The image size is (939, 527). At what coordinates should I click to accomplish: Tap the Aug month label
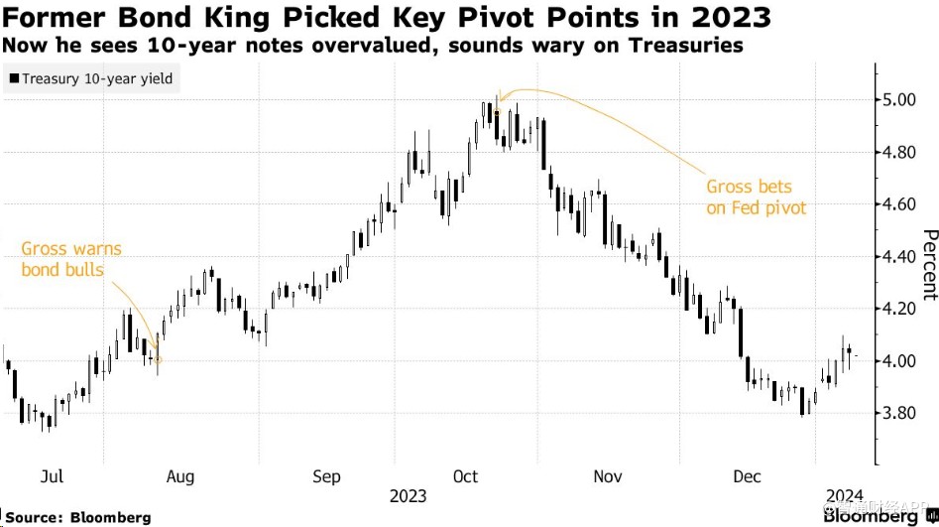[179, 477]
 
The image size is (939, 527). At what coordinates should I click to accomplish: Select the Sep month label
[327, 477]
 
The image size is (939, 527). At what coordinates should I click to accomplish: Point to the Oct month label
[466, 477]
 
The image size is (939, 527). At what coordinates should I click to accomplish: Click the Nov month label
[607, 477]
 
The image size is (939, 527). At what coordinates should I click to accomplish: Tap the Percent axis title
[929, 264]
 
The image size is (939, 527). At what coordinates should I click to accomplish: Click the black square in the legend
[13, 77]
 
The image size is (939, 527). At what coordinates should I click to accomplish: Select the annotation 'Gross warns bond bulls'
[71, 259]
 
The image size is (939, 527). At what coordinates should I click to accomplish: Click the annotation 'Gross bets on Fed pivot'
[756, 197]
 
